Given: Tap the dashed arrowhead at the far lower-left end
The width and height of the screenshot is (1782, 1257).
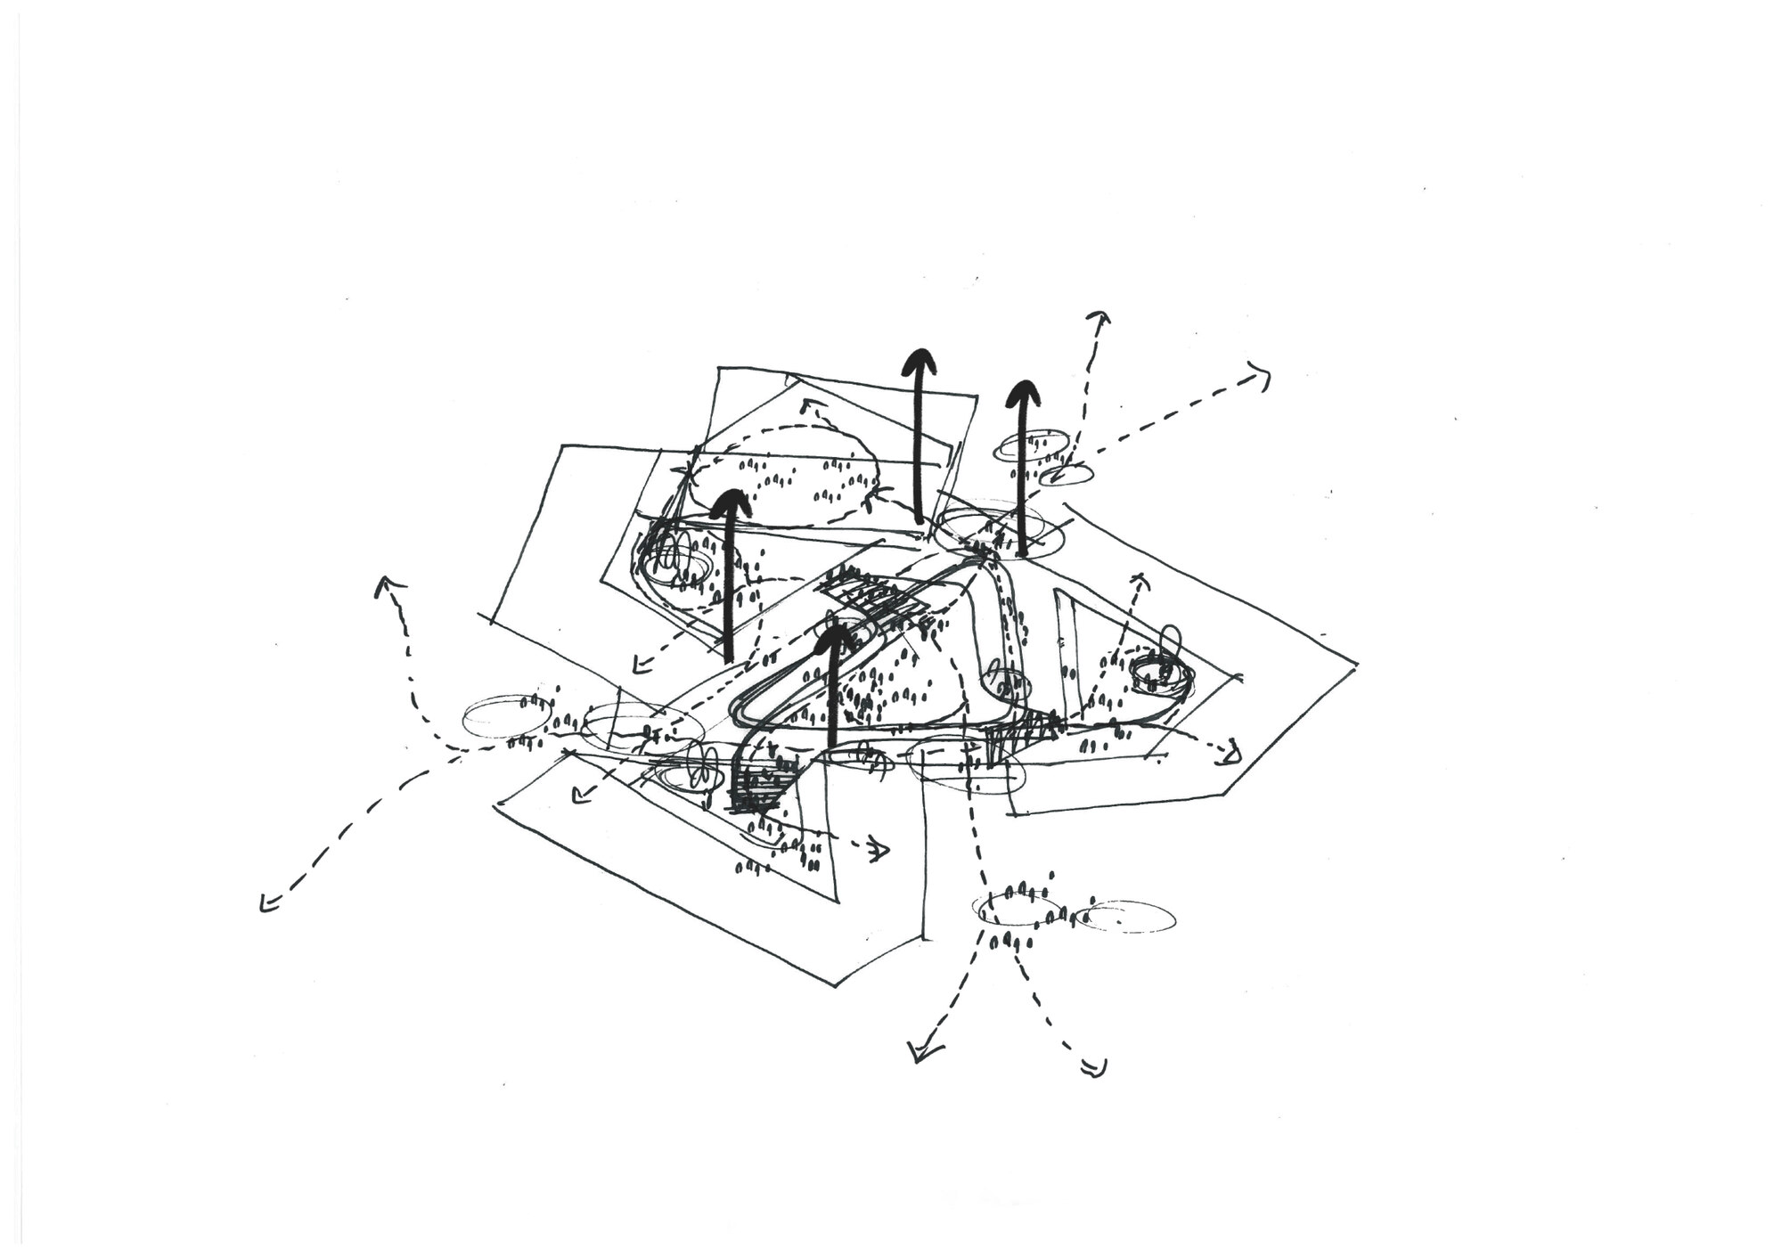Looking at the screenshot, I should tap(266, 903).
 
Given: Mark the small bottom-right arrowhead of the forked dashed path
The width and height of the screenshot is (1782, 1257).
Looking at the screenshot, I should tap(1094, 1065).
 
